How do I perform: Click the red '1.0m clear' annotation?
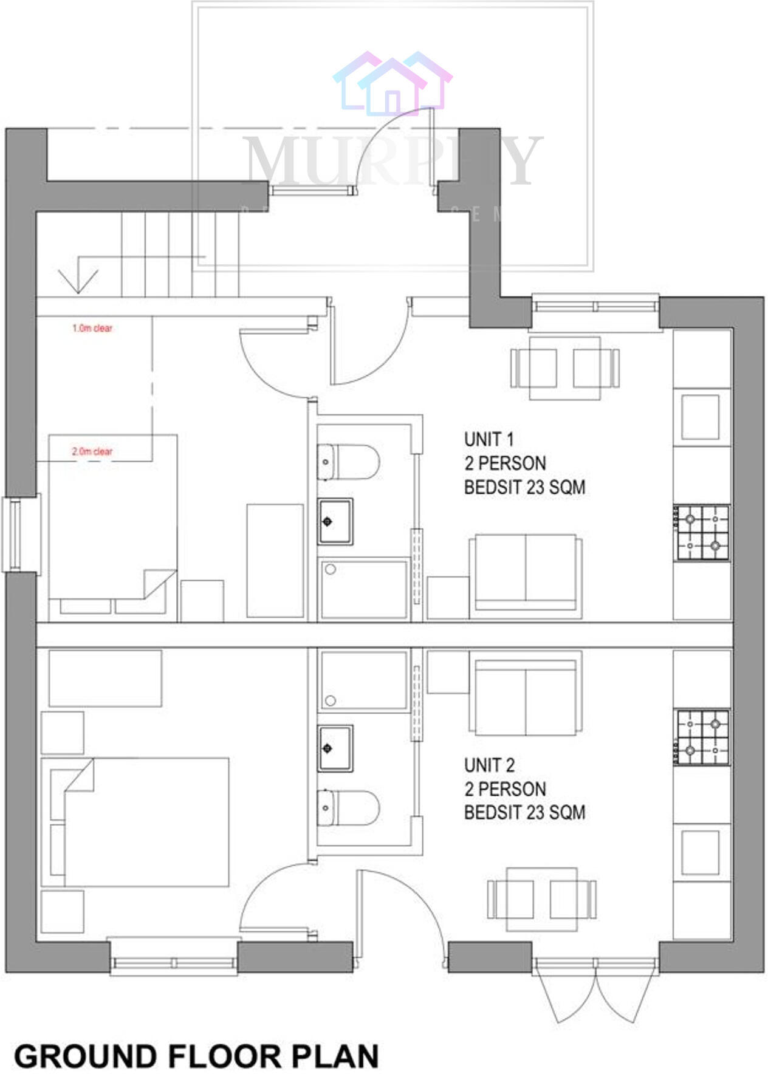[92, 328]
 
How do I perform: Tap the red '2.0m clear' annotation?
[92, 451]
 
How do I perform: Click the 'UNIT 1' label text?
[489, 439]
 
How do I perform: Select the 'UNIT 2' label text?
[489, 764]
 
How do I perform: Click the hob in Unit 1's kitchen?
[702, 532]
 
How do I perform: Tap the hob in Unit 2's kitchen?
[702, 737]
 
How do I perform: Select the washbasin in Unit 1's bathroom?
[335, 521]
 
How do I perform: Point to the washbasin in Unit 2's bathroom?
[335, 748]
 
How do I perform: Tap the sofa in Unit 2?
[526, 694]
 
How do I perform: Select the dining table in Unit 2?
[541, 899]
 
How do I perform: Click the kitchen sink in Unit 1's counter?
[700, 417]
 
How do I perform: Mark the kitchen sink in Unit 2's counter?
[700, 852]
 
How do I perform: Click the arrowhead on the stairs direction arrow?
[78, 283]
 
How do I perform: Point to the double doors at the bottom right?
[595, 988]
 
